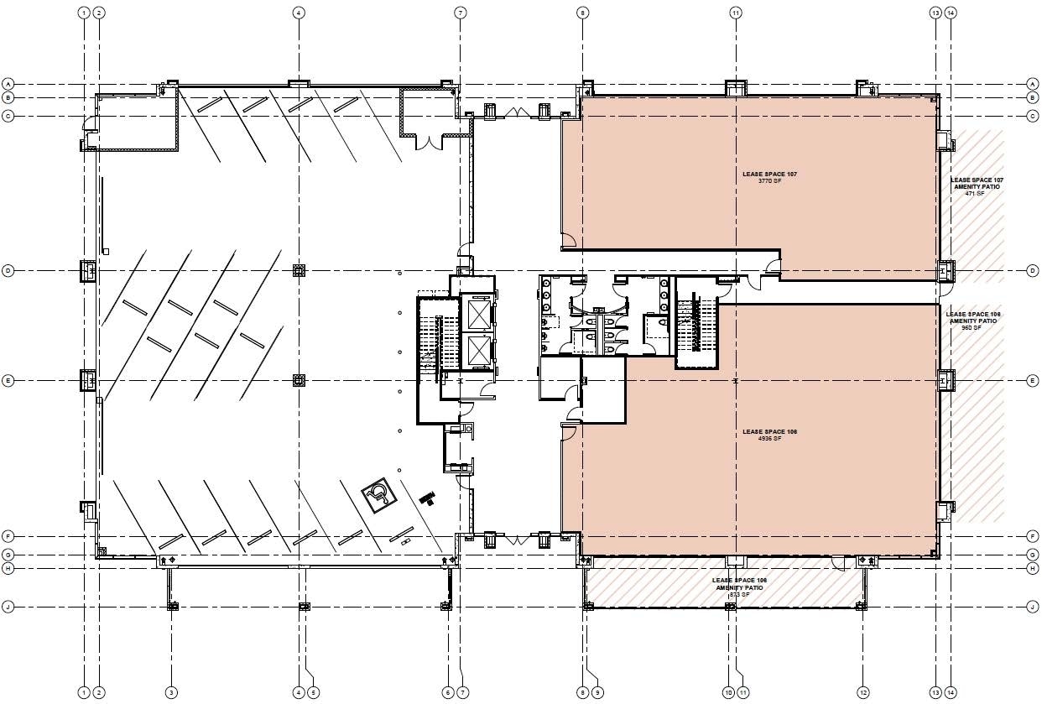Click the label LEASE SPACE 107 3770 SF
[x=768, y=177]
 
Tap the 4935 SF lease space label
[x=768, y=435]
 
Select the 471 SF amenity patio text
[x=977, y=187]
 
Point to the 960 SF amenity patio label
[x=973, y=321]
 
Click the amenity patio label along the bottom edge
[x=739, y=587]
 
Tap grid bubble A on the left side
[x=8, y=84]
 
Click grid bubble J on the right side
[x=1032, y=607]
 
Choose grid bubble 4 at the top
[x=298, y=13]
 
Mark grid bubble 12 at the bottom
[x=862, y=692]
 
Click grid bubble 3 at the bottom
[x=171, y=692]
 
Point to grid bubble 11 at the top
[x=735, y=13]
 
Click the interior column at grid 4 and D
[x=298, y=270]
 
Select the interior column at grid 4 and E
[x=298, y=380]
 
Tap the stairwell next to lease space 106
[x=696, y=323]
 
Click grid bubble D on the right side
[x=1032, y=270]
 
